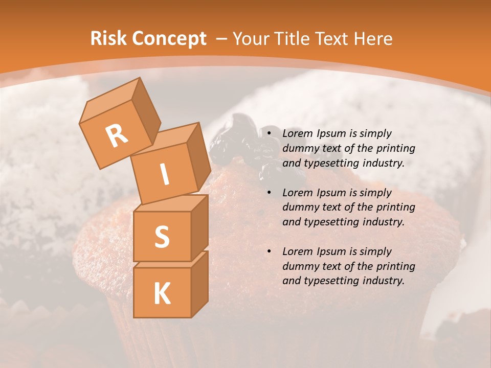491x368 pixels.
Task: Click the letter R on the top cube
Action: pos(117,135)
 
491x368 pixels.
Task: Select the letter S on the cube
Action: pos(162,237)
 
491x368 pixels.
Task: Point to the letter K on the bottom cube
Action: pos(162,294)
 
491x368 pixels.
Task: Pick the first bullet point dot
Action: pos(270,134)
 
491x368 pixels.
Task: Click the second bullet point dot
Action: pos(270,193)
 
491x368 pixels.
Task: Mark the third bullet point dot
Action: pos(270,252)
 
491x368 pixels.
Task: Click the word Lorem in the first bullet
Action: pos(297,134)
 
